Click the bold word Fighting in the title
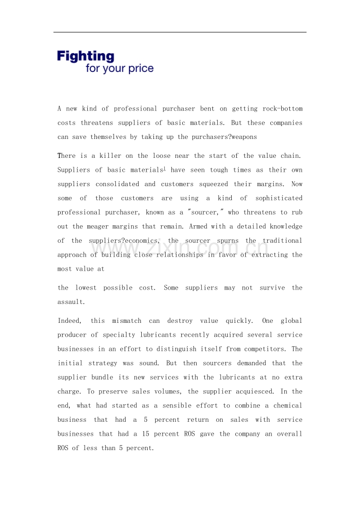point(85,56)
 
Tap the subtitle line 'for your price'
point(120,69)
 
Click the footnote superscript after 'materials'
point(165,168)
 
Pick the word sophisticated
point(279,198)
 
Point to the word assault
point(71,302)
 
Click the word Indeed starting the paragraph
point(68,321)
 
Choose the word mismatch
point(127,321)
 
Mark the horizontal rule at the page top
point(180,32)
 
